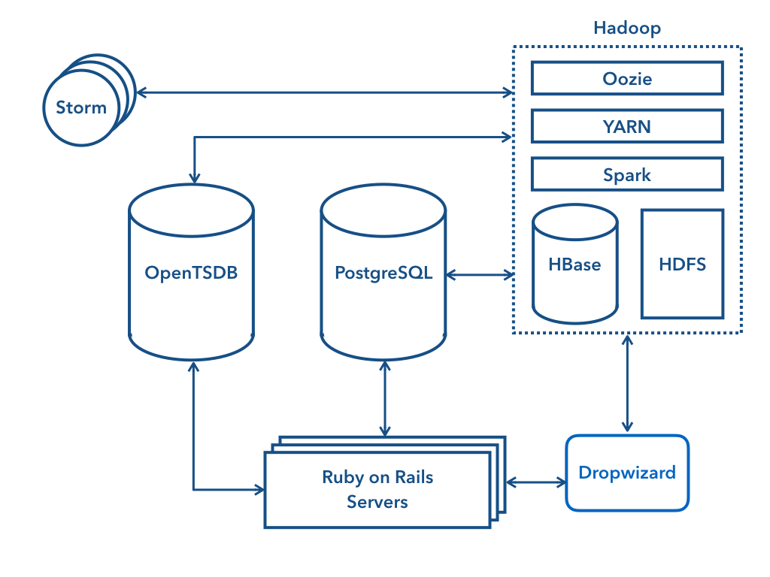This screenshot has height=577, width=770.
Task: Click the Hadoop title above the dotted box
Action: (x=626, y=29)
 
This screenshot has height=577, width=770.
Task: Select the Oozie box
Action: (x=627, y=78)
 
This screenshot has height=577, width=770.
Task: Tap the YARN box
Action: (x=627, y=126)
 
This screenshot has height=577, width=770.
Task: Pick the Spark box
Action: (x=627, y=174)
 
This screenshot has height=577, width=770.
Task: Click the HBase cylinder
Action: (x=575, y=264)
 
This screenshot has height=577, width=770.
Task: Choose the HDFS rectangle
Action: (x=682, y=264)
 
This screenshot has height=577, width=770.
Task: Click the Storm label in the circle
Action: (x=81, y=107)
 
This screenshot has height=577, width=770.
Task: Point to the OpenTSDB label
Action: (x=191, y=273)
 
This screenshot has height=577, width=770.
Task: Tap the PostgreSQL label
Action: (x=383, y=273)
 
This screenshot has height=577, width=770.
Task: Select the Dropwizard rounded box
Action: (x=627, y=473)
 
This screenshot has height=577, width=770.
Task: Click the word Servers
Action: (x=377, y=501)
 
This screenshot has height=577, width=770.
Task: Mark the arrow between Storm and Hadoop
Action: (x=323, y=92)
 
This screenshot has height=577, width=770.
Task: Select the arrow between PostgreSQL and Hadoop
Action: (x=480, y=275)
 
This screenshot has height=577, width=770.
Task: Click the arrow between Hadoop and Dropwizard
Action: (x=627, y=383)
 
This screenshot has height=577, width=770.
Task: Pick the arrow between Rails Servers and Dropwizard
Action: (x=536, y=482)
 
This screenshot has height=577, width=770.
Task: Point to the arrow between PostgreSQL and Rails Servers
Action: (x=385, y=398)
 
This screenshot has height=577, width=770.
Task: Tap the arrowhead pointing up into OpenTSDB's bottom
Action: (x=195, y=367)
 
